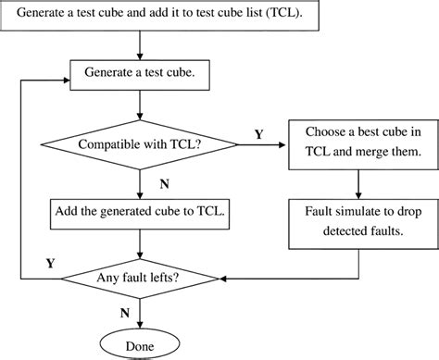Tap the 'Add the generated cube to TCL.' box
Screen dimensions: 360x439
[138, 210]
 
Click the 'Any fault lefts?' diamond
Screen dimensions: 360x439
[138, 277]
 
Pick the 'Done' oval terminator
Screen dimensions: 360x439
[140, 345]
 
